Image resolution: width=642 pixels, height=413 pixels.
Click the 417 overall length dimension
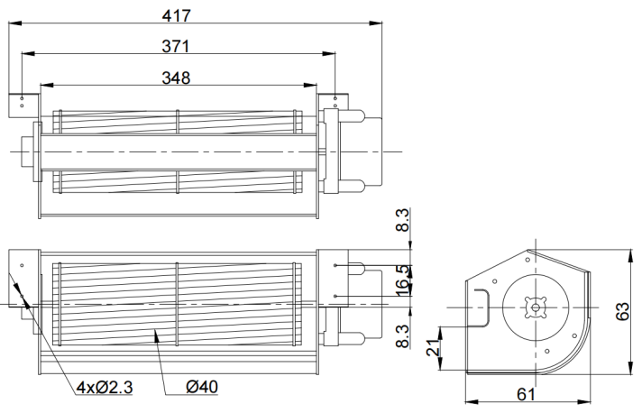pos(176,15)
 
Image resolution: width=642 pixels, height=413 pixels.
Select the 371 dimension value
pos(176,46)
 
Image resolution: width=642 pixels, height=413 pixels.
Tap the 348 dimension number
pos(176,78)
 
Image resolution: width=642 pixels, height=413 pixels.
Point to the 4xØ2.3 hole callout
pos(105,387)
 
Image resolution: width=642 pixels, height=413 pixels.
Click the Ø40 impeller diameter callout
pos(202,387)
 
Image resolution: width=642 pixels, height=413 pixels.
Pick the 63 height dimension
pos(622,311)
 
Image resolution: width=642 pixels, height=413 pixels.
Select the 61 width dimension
pos(526,394)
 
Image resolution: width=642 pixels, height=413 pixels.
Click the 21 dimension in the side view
pos(433,347)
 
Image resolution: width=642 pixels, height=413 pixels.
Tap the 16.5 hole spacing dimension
pos(403,280)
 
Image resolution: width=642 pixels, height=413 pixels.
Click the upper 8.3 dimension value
pos(403,220)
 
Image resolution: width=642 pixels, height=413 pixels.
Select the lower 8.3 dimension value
pos(403,336)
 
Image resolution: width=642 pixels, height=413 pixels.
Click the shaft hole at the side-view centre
pos(536,307)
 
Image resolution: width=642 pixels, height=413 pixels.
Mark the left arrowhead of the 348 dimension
pos(47,85)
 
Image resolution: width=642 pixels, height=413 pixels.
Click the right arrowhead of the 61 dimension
pos(583,402)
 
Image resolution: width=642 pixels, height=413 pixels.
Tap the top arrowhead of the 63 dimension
pos(629,256)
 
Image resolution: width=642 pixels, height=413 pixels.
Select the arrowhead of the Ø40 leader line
pos(156,335)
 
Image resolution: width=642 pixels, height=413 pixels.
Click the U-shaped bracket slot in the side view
pos(481,307)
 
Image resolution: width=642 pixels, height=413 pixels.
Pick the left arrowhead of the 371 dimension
pos(28,53)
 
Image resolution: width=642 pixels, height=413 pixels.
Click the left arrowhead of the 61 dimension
pos(472,402)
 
